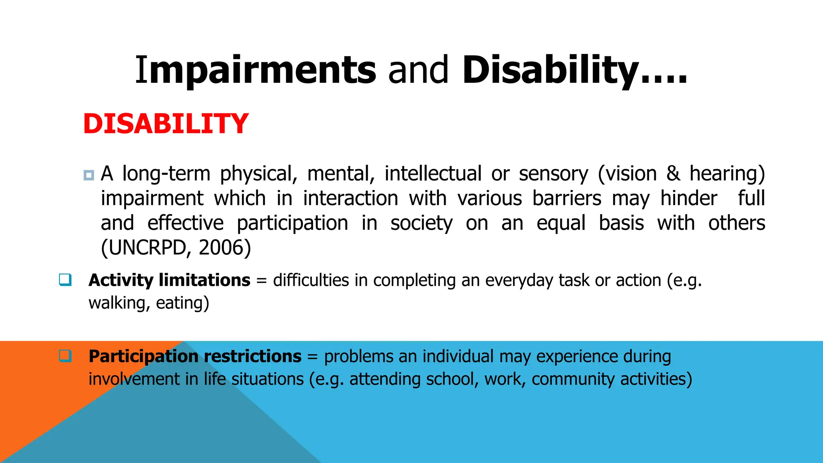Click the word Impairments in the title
256,71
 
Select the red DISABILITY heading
166,124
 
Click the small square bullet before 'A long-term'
89,175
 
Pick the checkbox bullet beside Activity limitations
65,279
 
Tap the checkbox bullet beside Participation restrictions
65,356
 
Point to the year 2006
222,248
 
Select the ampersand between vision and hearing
673,174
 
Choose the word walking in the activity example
117,303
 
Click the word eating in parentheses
180,303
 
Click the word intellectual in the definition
433,174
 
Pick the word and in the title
418,71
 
